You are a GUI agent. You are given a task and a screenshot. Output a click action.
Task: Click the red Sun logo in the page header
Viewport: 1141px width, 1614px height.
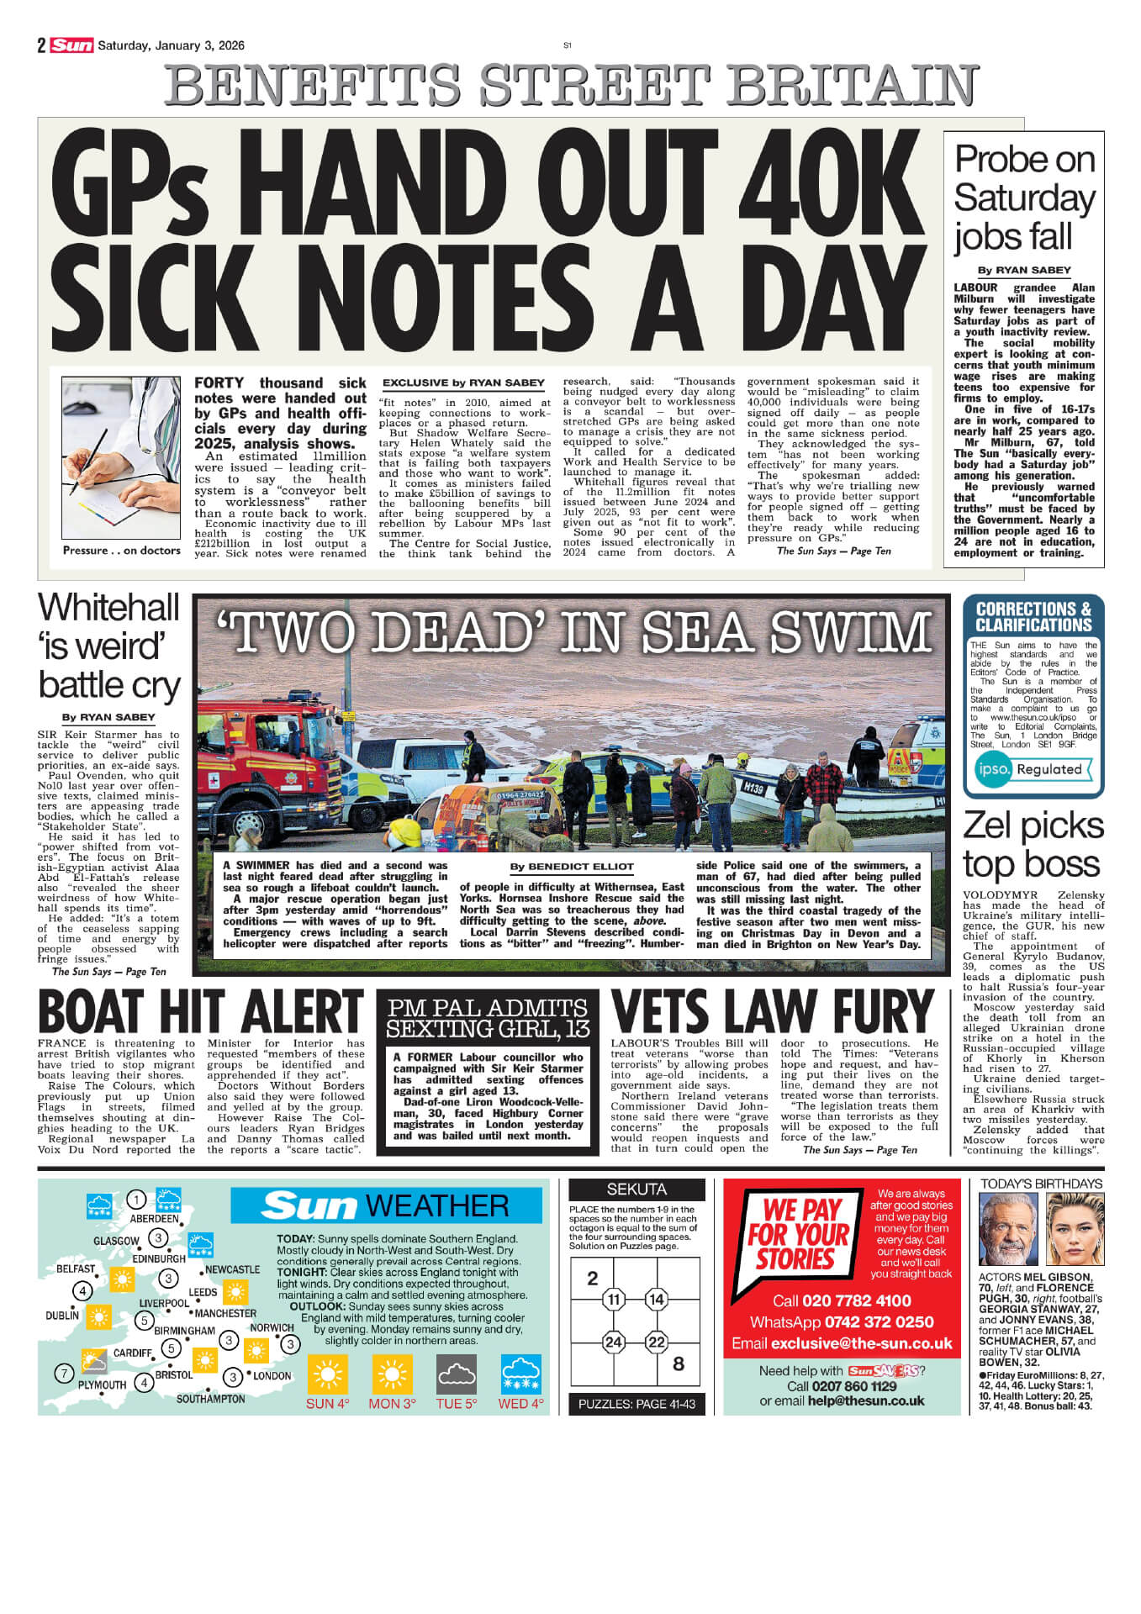click(71, 45)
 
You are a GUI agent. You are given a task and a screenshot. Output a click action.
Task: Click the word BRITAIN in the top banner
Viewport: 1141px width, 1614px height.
click(853, 86)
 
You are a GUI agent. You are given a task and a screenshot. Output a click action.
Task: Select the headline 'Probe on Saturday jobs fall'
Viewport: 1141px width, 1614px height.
click(1024, 198)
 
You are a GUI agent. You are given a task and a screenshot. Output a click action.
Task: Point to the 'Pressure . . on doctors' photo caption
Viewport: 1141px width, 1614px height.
click(121, 551)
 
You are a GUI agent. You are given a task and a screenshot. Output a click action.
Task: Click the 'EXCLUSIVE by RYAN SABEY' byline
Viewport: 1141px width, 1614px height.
click(464, 383)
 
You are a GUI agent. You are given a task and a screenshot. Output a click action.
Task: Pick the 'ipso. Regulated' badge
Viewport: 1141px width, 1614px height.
click(1033, 769)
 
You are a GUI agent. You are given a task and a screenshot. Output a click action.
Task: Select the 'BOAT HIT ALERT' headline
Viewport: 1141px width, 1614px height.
click(200, 1011)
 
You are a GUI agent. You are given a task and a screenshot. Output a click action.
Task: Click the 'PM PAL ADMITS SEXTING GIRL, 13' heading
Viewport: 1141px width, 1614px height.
click(488, 1018)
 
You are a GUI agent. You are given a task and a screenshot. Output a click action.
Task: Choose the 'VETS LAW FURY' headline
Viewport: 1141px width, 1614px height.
click(772, 1011)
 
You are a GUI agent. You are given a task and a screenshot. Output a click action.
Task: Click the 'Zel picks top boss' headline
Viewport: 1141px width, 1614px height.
click(1032, 845)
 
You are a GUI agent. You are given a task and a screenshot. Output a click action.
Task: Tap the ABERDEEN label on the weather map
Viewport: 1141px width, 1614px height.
click(154, 1219)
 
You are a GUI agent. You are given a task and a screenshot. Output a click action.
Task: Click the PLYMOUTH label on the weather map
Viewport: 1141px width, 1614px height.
click(102, 1385)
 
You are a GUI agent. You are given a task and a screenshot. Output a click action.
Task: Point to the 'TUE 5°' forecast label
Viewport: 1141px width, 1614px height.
click(456, 1404)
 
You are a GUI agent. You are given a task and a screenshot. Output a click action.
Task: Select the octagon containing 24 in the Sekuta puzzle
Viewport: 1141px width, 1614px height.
click(614, 1342)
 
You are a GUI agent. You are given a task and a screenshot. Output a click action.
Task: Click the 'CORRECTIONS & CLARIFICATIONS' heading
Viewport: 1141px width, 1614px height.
click(1033, 617)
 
